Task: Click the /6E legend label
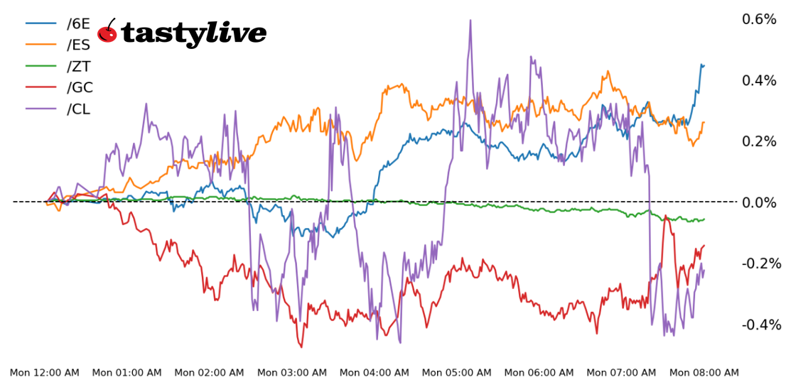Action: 78,23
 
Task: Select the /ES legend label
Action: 78,45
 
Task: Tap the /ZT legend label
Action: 78,66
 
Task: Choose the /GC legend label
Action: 80,87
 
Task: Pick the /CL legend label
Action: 78,109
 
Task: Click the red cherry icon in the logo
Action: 107,31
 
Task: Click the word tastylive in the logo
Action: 194,33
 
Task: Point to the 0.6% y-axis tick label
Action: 759,19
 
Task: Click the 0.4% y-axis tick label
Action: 759,80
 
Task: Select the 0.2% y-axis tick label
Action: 759,141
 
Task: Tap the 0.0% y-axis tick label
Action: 759,202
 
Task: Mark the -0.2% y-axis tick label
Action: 760,263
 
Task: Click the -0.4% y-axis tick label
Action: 760,325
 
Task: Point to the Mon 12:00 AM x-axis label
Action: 45,373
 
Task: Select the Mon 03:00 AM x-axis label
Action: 292,373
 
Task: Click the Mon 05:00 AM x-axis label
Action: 457,373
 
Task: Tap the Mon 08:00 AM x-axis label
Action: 704,373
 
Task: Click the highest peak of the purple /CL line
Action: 470,21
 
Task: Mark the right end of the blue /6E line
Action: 704,65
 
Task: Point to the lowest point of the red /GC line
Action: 301,347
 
